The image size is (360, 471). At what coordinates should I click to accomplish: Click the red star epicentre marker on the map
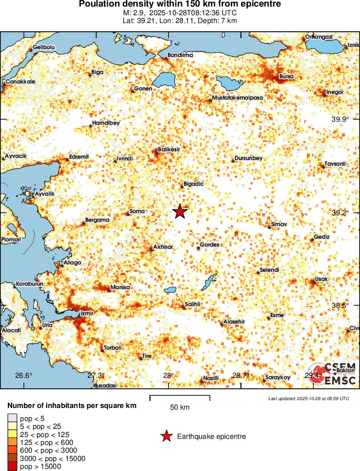pos(180,212)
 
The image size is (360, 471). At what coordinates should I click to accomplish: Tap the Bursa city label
pos(286,77)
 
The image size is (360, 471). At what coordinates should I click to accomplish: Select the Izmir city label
pos(87,313)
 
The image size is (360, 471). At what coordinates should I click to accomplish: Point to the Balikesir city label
pos(168,149)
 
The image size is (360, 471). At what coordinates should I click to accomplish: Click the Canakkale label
pos(20,82)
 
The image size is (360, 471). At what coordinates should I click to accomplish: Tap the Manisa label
pos(120,287)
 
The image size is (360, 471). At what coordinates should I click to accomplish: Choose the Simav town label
pos(279,224)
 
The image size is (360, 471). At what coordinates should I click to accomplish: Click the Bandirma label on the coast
pos(180,55)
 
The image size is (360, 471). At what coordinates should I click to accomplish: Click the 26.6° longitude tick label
pos(24,376)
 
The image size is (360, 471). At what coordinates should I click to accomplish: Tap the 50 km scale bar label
pos(179,408)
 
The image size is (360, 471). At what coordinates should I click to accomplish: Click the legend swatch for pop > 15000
pos(12,467)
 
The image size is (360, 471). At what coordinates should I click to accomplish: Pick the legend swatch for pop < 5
pos(12,418)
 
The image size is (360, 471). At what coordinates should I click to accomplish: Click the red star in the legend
pos(166,436)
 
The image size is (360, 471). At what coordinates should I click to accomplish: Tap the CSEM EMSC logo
pos(333,374)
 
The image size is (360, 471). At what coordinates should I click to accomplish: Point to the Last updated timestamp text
pos(309,398)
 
